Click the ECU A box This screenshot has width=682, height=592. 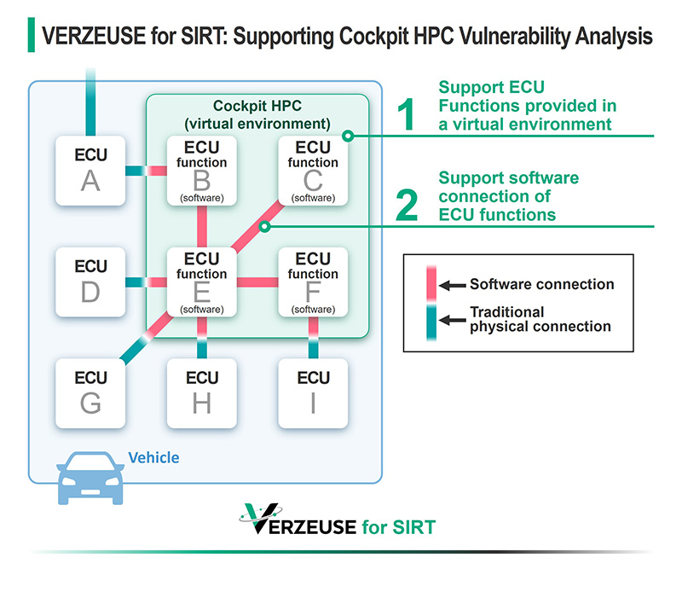click(90, 171)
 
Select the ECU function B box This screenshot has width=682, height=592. click(201, 171)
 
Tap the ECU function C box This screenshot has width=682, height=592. click(313, 171)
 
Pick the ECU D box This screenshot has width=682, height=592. click(90, 281)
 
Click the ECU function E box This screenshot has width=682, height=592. click(201, 281)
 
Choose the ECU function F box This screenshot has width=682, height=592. click(313, 281)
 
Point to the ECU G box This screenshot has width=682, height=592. click(90, 392)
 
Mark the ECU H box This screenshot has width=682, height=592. click(201, 392)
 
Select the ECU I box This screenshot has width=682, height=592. click(313, 392)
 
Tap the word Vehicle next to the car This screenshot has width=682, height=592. click(153, 458)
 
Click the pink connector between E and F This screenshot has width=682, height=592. click(257, 282)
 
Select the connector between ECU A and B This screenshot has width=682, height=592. click(146, 171)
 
